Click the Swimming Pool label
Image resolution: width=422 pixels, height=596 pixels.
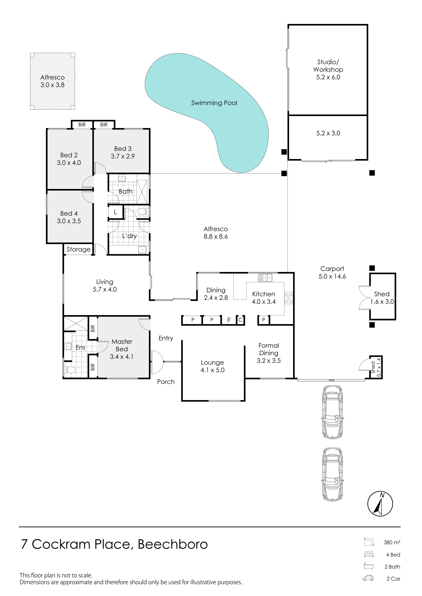[x=214, y=103]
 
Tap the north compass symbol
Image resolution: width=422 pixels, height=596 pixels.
[x=380, y=504]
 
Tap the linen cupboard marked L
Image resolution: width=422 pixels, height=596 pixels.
[x=115, y=212]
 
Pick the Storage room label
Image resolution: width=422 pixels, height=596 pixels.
[x=79, y=249]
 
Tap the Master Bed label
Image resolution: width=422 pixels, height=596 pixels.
[x=122, y=345]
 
